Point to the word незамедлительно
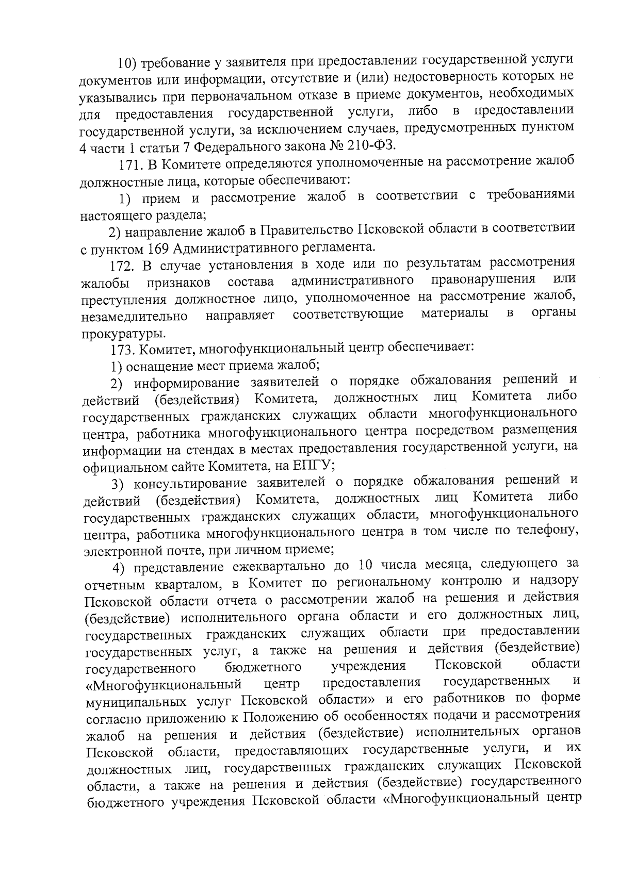(x=135, y=316)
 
